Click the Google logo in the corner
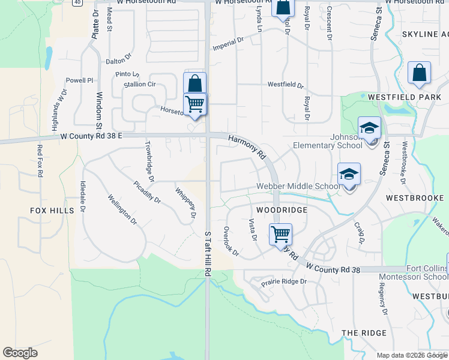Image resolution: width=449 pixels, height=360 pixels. click(x=20, y=353)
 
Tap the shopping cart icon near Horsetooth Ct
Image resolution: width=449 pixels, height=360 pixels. click(x=195, y=104)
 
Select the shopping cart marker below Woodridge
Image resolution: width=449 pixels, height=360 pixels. click(x=280, y=234)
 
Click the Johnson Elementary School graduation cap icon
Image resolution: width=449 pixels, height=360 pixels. click(x=369, y=128)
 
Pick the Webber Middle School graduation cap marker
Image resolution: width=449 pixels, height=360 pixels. click(x=349, y=174)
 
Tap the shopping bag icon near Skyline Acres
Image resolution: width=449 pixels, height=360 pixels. click(x=419, y=73)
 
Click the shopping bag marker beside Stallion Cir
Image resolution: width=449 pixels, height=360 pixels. click(x=194, y=83)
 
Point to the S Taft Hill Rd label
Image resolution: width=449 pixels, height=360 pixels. click(x=208, y=254)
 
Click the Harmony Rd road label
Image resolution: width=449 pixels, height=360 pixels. click(x=247, y=146)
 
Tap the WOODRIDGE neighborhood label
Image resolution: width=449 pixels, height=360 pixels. click(x=282, y=211)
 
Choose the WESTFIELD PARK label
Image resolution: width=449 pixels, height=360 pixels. click(x=405, y=97)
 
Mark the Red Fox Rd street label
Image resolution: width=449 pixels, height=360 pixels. click(x=40, y=161)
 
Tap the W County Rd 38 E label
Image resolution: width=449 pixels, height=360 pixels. click(x=91, y=137)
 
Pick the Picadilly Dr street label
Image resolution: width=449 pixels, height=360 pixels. click(x=147, y=191)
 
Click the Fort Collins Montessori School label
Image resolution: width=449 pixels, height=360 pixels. click(x=413, y=272)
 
